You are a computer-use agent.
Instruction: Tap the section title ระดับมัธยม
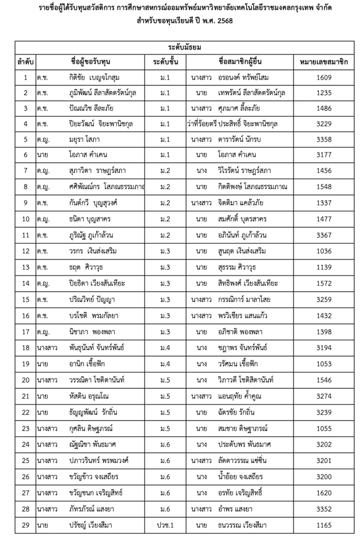coord(180,47)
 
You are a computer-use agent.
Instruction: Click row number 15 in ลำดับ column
coord(26,300)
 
